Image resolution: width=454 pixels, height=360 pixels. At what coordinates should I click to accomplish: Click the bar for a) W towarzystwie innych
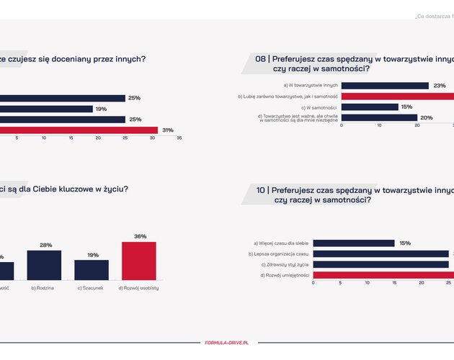pyautogui.click(x=385, y=86)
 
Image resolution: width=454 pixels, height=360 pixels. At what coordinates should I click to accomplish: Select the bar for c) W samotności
pyautogui.click(x=370, y=107)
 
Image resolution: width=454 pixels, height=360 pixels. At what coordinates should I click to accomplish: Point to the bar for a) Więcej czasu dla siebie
pyautogui.click(x=354, y=243)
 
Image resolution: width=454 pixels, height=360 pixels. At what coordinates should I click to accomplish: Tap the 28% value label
pyautogui.click(x=45, y=246)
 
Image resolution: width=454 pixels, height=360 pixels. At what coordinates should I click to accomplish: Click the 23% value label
pyautogui.click(x=440, y=86)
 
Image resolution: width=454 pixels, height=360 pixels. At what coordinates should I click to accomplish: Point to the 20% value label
pyautogui.click(x=426, y=118)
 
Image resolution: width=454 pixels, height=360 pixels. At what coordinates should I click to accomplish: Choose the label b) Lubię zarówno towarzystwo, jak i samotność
pyautogui.click(x=288, y=96)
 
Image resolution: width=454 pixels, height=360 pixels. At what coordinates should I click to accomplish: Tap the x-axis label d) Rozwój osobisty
pyautogui.click(x=139, y=288)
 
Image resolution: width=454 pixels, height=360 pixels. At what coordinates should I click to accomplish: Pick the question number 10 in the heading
pyautogui.click(x=263, y=190)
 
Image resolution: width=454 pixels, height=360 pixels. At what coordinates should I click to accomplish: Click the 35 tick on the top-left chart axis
pyautogui.click(x=179, y=138)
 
